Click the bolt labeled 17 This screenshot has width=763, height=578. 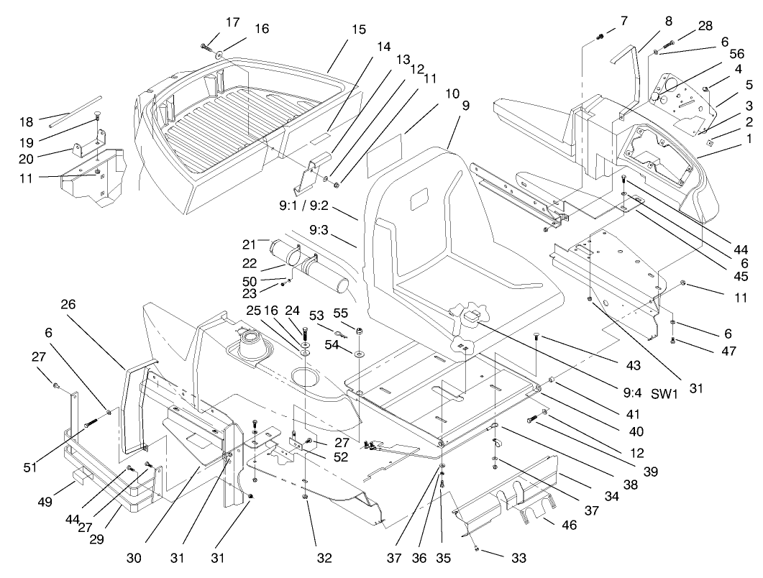207,48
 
